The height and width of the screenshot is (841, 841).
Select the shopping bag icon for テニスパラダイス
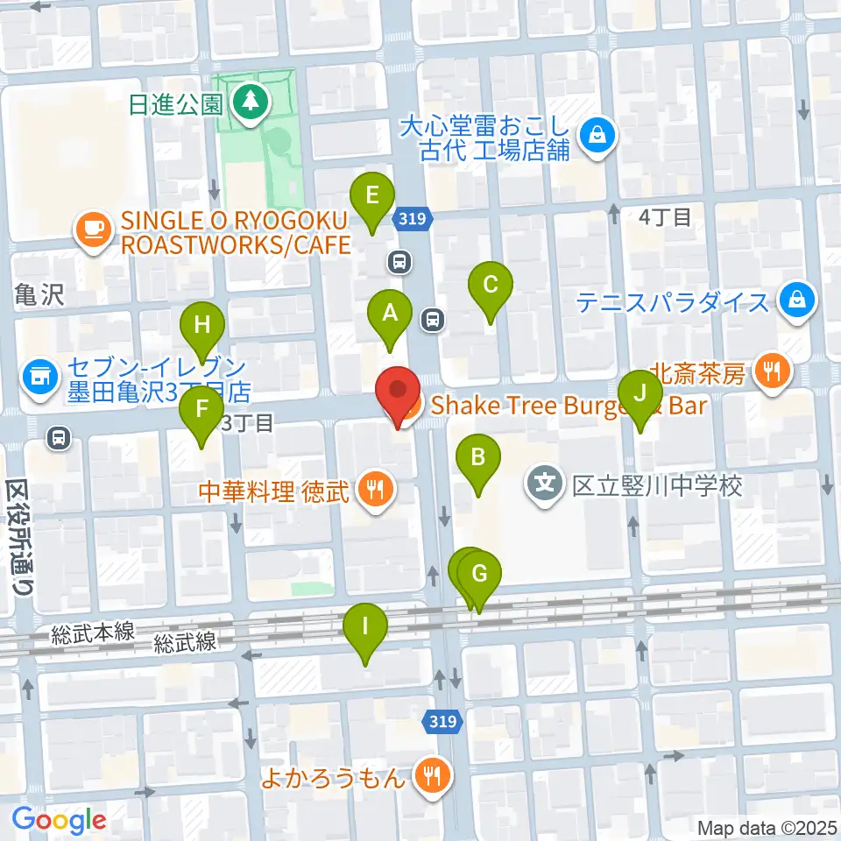[x=798, y=303]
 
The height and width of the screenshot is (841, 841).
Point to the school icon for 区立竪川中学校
[x=546, y=484]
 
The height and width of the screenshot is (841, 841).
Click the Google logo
[x=59, y=820]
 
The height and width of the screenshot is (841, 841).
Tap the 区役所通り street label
[x=18, y=538]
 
